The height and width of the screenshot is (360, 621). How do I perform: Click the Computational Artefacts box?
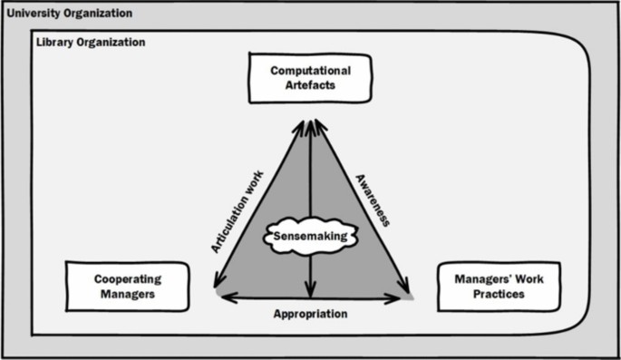pos(310,77)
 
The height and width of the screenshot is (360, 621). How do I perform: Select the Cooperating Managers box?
pos(127,287)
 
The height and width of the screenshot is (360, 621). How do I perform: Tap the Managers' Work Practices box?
pos(499,287)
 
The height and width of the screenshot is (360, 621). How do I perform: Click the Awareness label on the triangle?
pos(373,200)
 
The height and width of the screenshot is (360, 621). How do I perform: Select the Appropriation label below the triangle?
pos(310,314)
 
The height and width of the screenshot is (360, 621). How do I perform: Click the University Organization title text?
pos(69,14)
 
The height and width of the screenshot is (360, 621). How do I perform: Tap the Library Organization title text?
pos(90,43)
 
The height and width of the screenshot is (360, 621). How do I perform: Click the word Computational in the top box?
pos(310,70)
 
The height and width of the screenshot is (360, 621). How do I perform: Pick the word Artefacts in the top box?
pos(310,85)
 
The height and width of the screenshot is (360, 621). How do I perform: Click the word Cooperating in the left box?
pos(127,279)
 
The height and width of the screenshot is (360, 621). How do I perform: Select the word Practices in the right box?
pos(499,295)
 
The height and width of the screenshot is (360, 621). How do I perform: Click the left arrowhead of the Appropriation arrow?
pos(225,297)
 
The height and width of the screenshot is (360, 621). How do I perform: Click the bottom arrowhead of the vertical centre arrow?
pos(310,292)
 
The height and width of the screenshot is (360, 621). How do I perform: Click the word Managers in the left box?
pos(127,295)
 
